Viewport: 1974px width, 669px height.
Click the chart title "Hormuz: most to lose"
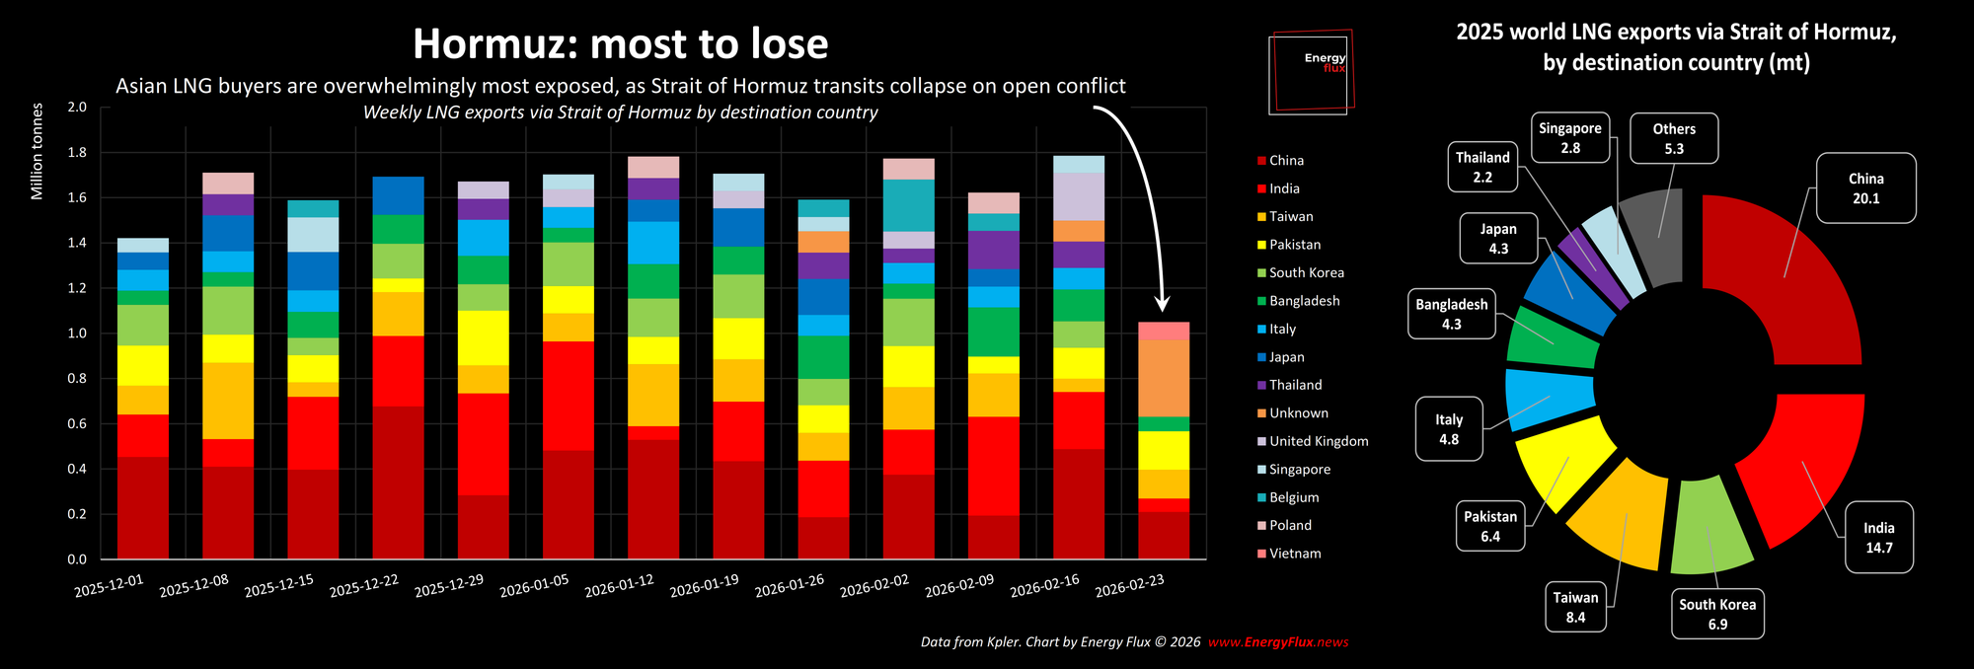tap(620, 44)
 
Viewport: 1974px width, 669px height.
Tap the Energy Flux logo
tap(1311, 71)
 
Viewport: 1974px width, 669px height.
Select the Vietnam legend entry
tap(1294, 554)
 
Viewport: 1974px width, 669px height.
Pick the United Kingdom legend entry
tap(1318, 441)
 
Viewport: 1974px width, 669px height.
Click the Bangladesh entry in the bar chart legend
tap(1304, 301)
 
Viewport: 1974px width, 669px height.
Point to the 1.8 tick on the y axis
tap(77, 153)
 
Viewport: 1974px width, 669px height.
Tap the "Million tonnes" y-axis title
tap(38, 151)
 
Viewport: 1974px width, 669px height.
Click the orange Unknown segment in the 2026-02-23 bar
tap(1164, 378)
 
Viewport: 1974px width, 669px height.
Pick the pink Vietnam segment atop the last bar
tap(1164, 331)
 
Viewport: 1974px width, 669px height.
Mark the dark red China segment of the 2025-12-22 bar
tap(398, 483)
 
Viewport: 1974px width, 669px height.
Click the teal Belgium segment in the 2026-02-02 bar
tap(908, 205)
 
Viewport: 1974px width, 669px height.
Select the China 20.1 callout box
tap(1865, 188)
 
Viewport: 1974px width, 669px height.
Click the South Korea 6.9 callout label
tap(1717, 614)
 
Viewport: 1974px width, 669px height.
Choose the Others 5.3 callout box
tap(1674, 138)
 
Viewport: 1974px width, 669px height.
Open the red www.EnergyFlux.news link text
tap(1278, 642)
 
